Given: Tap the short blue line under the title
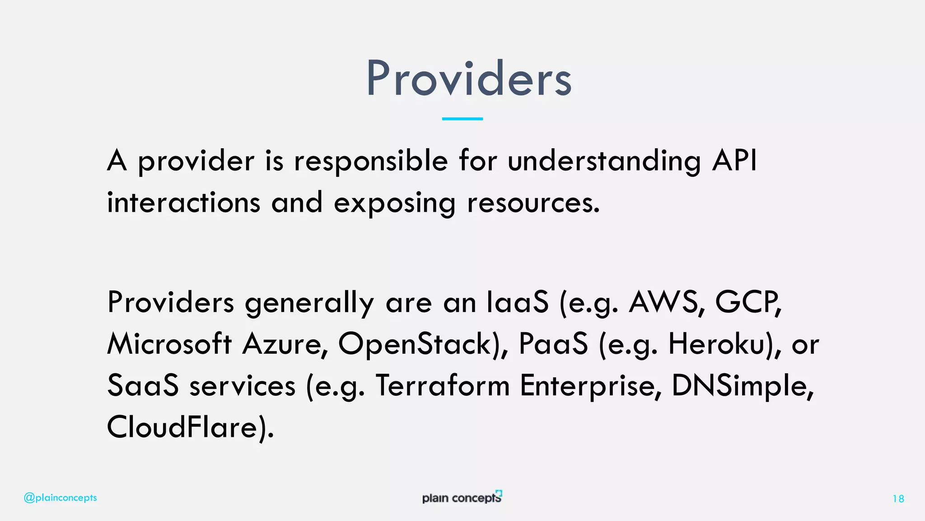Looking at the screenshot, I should [462, 118].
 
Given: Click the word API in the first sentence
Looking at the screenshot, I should [734, 161].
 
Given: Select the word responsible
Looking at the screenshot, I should [371, 161].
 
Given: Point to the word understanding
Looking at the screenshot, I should [604, 161].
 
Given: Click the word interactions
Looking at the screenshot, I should [183, 203].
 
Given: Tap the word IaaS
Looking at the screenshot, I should [518, 302].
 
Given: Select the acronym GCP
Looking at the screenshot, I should [747, 302].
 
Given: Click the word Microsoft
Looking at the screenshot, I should [169, 344].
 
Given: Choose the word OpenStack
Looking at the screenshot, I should [415, 345].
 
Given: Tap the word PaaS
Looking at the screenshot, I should [553, 344].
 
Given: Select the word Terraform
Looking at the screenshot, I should [443, 386].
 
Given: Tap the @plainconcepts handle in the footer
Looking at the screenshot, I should [60, 498].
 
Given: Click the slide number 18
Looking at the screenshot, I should [898, 499].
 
